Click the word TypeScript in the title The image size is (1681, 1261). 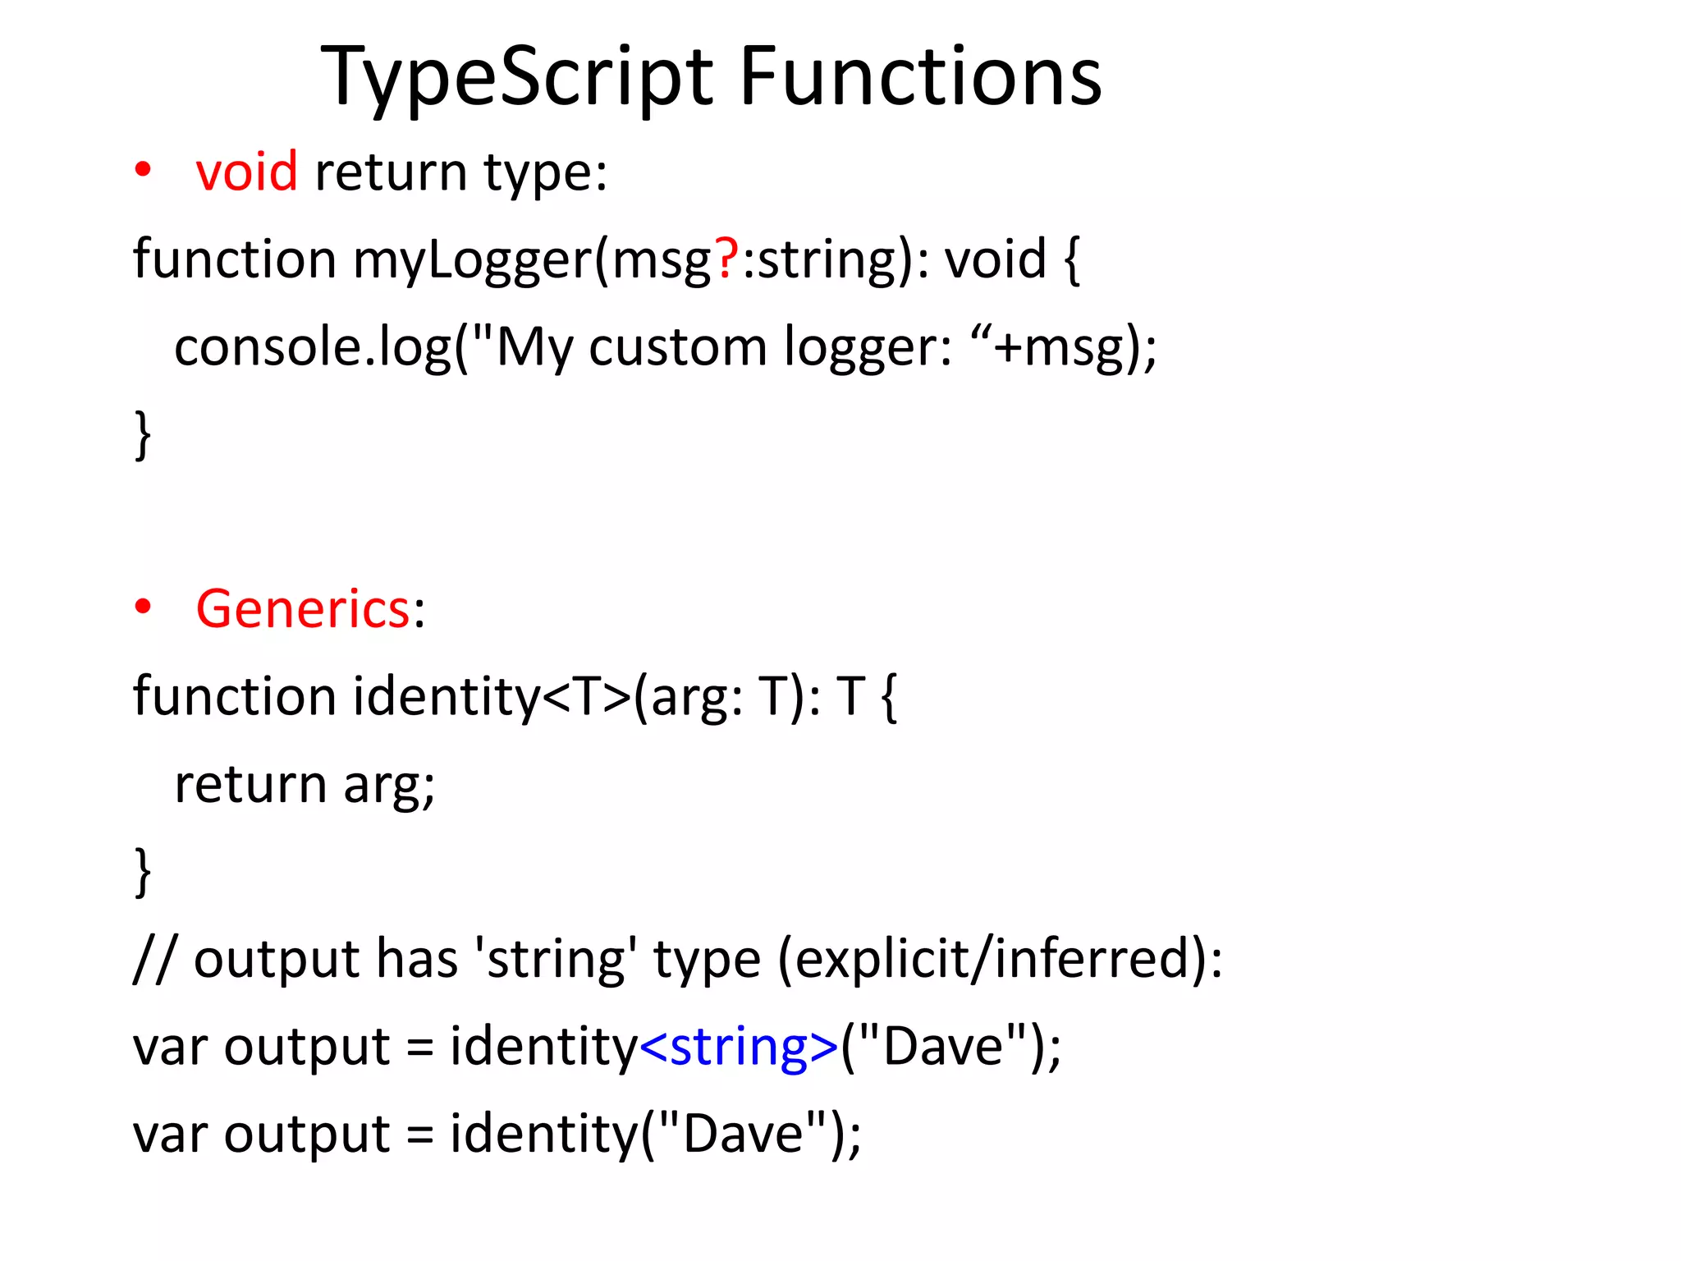517,78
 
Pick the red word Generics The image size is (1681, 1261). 303,610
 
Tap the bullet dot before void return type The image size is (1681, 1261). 144,170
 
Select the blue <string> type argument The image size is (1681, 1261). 739,1048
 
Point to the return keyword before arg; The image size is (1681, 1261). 250,785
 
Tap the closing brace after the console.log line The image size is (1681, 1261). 143,435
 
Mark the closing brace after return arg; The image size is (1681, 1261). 143,872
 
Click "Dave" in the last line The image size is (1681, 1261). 743,1135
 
